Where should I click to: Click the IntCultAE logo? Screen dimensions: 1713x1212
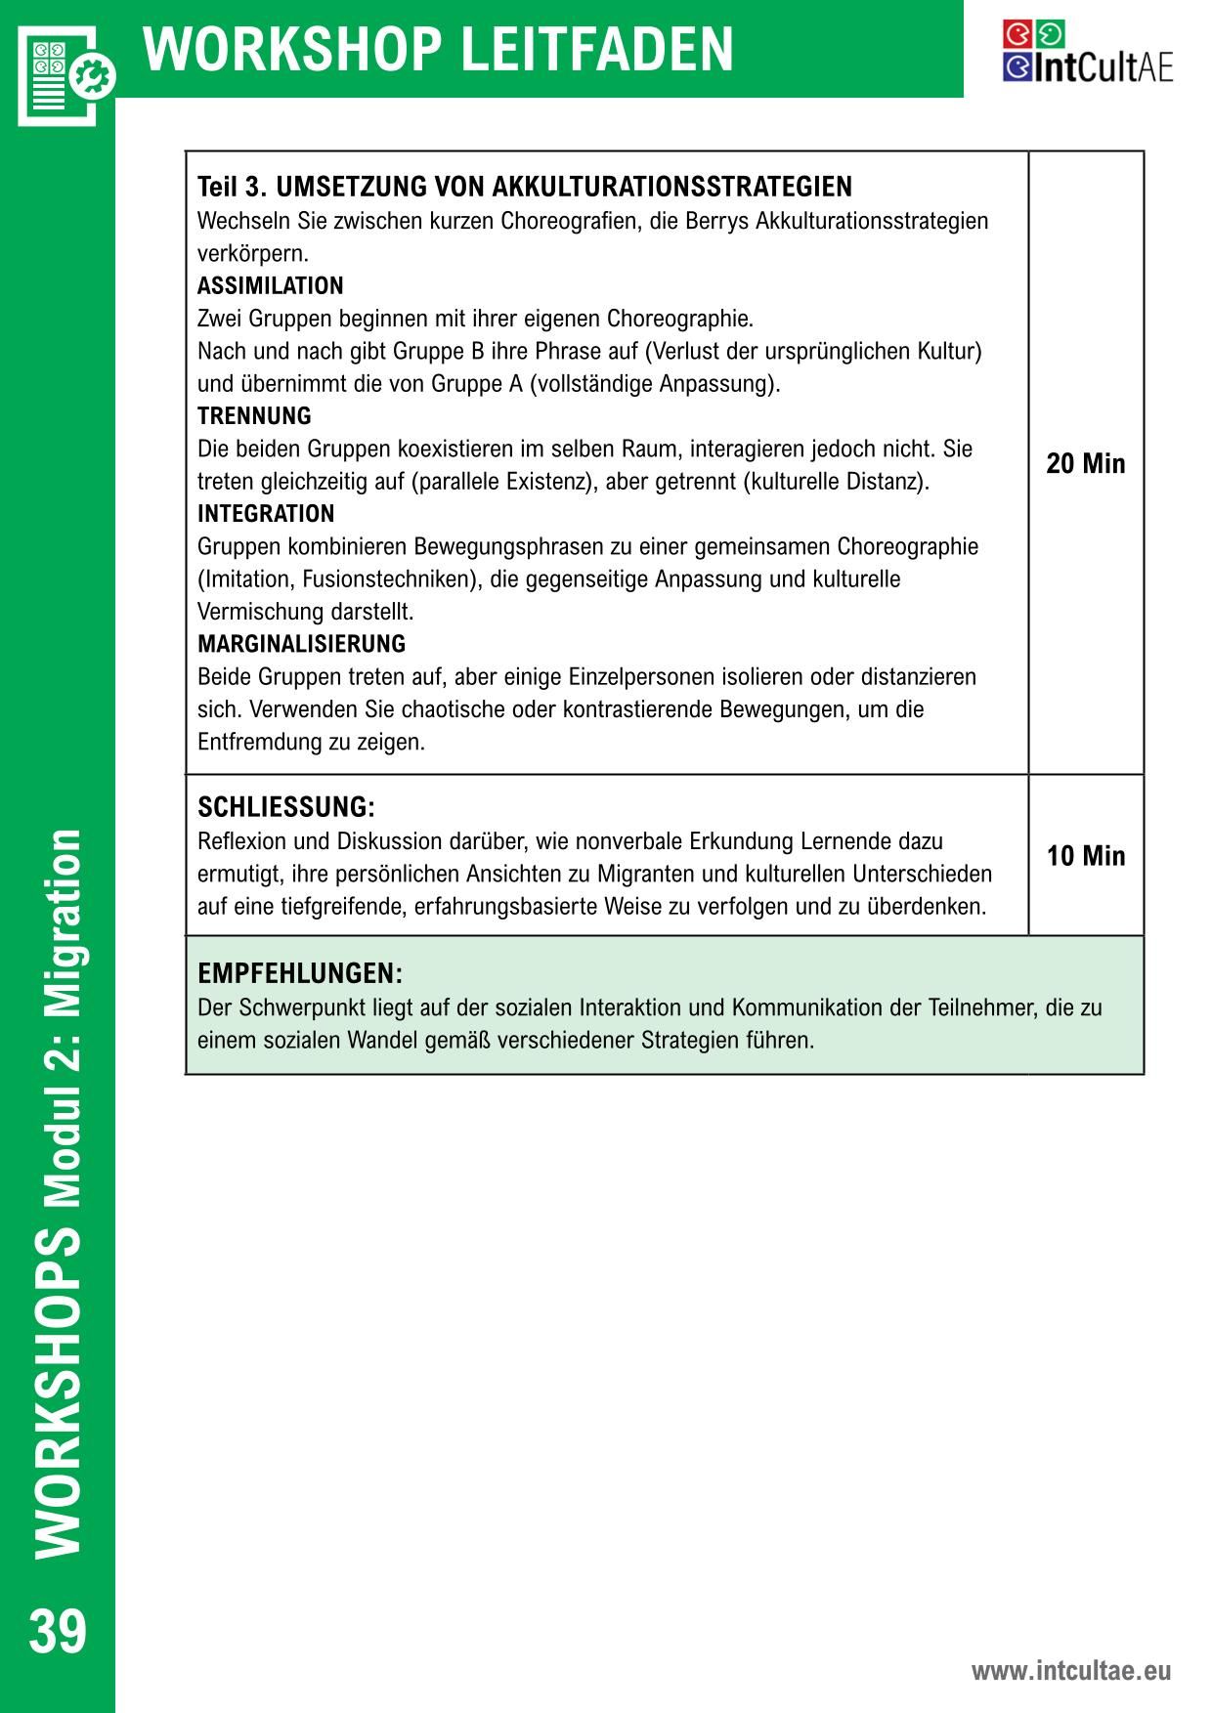pyautogui.click(x=1087, y=52)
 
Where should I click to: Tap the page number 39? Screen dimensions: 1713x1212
pyautogui.click(x=58, y=1633)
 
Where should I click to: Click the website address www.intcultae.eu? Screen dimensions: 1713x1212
pyautogui.click(x=1070, y=1671)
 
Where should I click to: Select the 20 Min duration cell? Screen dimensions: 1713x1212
pyautogui.click(x=1085, y=463)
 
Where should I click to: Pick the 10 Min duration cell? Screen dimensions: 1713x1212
pyautogui.click(x=1085, y=856)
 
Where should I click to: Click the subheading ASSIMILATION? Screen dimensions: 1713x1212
pyautogui.click(x=270, y=286)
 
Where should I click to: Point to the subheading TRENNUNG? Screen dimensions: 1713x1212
pyautogui.click(x=254, y=416)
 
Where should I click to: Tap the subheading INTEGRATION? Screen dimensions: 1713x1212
pyautogui.click(x=266, y=514)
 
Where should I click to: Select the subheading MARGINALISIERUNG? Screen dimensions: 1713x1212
pyautogui.click(x=301, y=644)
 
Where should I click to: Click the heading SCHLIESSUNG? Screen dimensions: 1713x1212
pyautogui.click(x=285, y=808)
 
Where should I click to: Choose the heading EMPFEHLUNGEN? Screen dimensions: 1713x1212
pyautogui.click(x=300, y=973)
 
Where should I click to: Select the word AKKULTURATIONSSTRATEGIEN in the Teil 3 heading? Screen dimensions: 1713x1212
pyautogui.click(x=672, y=187)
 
